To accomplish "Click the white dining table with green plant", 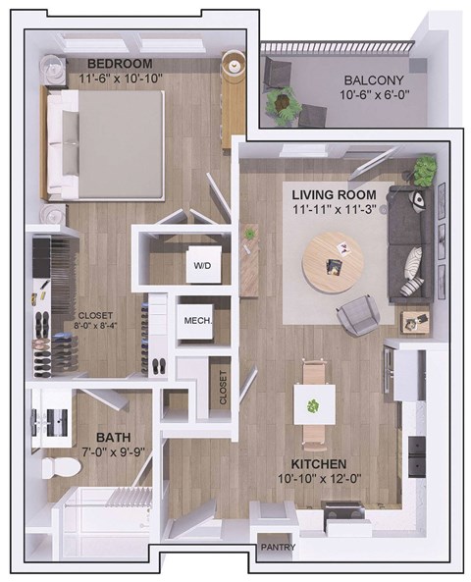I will pos(314,403).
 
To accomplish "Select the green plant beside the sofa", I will pos(424,172).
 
